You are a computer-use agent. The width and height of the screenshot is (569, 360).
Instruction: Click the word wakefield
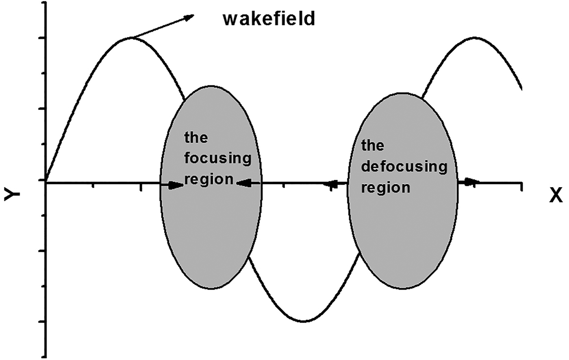tap(269, 19)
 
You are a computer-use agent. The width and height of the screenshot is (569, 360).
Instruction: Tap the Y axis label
tap(12, 196)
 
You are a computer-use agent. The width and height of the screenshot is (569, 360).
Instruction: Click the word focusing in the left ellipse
tap(218, 158)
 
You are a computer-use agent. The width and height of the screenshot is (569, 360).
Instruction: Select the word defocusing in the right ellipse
tap(404, 166)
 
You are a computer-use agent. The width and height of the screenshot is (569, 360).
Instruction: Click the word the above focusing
tap(196, 137)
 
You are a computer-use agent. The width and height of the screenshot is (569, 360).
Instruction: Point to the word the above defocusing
tap(372, 145)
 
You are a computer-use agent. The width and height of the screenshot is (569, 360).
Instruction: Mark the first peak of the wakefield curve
tap(130, 38)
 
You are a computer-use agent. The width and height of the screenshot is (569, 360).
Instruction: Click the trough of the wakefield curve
tap(303, 321)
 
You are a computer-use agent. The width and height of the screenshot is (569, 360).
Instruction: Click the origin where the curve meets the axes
tap(46, 182)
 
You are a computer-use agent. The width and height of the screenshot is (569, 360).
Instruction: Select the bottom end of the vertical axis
tap(46, 356)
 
